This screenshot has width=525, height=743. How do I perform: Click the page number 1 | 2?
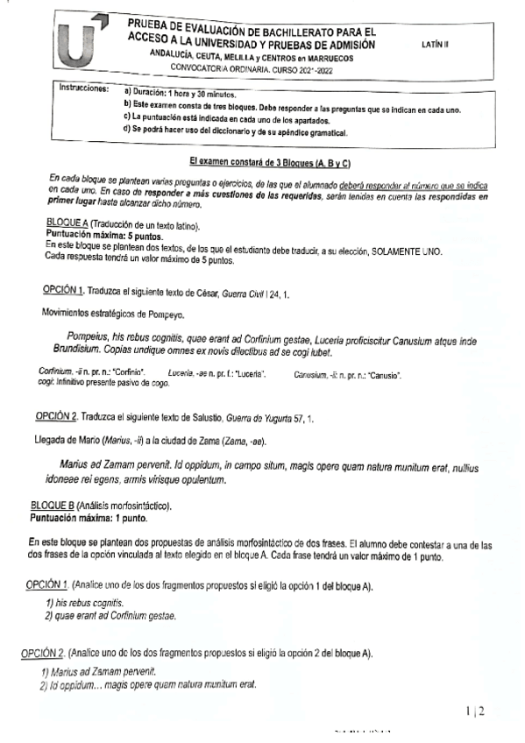476,711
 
